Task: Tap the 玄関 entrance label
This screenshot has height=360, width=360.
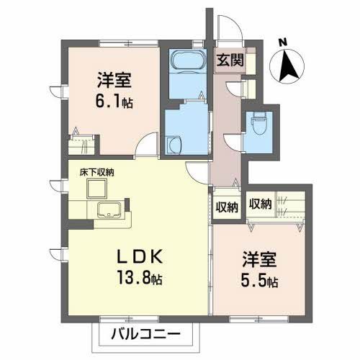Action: [x=230, y=60]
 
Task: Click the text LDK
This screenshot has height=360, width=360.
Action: [x=139, y=257]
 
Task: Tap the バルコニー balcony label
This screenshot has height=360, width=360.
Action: [x=145, y=334]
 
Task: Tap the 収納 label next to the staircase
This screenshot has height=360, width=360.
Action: [x=260, y=204]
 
